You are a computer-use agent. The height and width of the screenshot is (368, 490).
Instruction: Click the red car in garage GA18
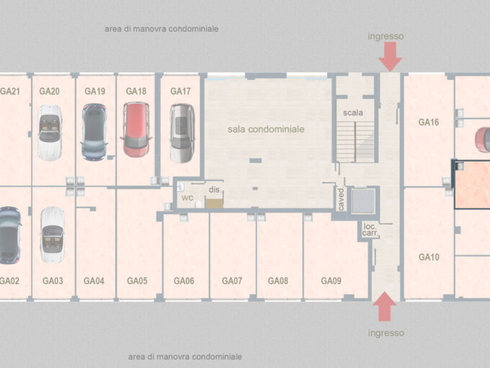(x=137, y=130)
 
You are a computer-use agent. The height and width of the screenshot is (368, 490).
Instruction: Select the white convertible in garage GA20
(x=50, y=132)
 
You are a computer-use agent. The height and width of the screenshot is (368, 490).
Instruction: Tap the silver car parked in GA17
(x=182, y=133)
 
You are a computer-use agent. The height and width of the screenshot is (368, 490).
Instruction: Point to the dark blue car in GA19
(x=94, y=132)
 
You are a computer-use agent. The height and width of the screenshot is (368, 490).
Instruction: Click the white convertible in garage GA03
(x=52, y=235)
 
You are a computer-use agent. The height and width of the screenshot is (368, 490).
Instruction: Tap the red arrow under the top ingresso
(x=390, y=56)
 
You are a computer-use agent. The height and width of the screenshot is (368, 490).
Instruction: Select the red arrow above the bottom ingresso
(x=385, y=307)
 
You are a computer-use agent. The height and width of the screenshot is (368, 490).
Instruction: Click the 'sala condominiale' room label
(x=266, y=129)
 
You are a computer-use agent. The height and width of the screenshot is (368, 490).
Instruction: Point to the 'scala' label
(x=353, y=113)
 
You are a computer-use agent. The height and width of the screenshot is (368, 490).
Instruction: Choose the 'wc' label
(x=187, y=198)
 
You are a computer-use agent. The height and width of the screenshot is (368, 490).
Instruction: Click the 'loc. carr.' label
(x=370, y=229)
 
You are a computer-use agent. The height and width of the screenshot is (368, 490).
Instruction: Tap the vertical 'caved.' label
(x=341, y=199)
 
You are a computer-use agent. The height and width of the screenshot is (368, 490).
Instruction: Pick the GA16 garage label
(x=429, y=122)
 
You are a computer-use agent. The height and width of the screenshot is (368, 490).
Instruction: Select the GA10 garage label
(x=429, y=257)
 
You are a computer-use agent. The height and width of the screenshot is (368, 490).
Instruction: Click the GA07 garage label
(x=232, y=281)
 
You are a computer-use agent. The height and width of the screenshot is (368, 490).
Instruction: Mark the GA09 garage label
(x=331, y=281)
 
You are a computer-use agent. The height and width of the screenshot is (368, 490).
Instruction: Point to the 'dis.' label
(x=215, y=190)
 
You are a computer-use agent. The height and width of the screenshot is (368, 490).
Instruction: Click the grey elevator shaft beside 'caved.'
(x=363, y=201)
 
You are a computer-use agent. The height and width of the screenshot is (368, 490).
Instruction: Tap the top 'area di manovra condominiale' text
(x=161, y=29)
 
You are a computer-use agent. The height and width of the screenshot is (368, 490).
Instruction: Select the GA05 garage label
(x=137, y=281)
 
